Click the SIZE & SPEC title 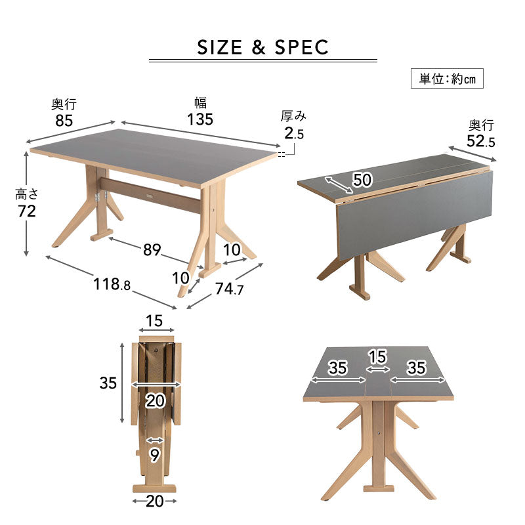tap(263, 47)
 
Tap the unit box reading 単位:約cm tap(447, 79)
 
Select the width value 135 tap(200, 119)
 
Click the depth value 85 tap(64, 121)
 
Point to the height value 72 tap(27, 211)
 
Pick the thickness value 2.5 tap(294, 133)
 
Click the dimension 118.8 tap(112, 284)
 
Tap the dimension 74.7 tap(229, 289)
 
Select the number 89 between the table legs tap(152, 250)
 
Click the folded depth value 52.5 tap(481, 141)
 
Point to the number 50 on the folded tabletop tap(362, 180)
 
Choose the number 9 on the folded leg tap(154, 455)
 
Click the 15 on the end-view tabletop tap(378, 357)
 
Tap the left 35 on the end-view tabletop tap(337, 367)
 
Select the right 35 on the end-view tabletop tap(417, 367)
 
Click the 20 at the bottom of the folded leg tap(155, 501)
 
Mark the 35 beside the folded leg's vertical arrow tap(108, 383)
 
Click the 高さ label tap(27, 194)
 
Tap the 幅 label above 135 tap(201, 103)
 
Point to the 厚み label tap(293, 116)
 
